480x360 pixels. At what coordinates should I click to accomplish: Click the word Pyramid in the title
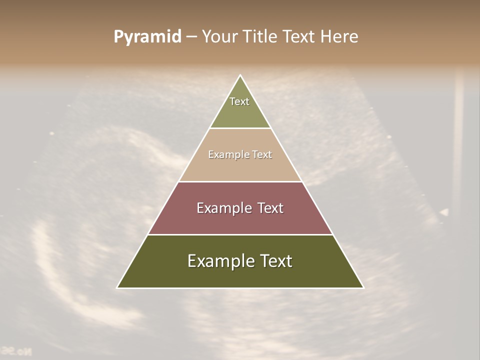[147, 37]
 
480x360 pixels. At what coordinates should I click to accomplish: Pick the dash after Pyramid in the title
[191, 37]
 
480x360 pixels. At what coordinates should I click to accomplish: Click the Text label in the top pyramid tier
[239, 101]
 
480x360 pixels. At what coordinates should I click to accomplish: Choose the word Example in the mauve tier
[223, 208]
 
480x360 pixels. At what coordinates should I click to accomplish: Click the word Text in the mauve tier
[270, 208]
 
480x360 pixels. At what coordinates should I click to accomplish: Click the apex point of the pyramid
[240, 76]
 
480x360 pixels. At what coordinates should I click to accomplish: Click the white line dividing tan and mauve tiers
[240, 181]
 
